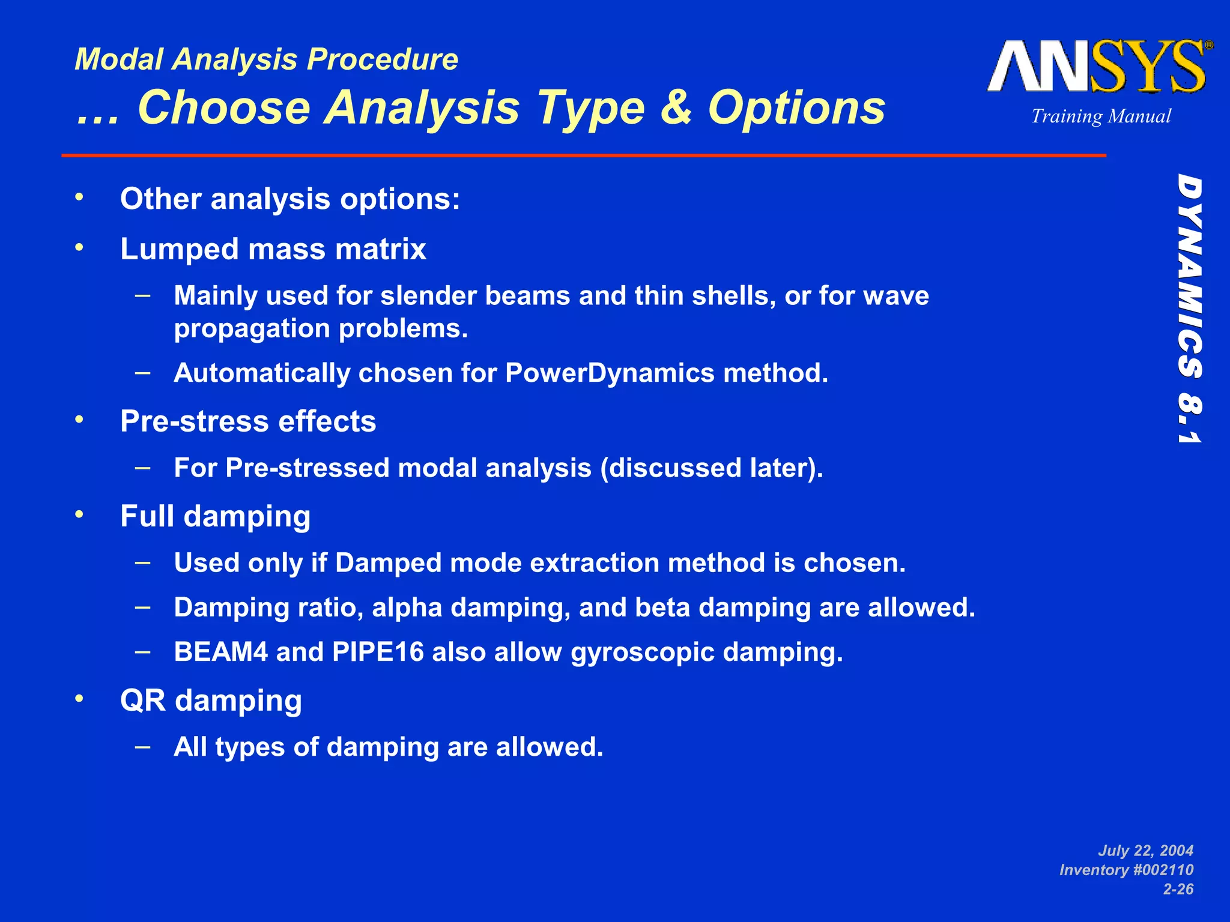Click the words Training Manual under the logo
click(1101, 116)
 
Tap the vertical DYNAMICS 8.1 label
click(1189, 309)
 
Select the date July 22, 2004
click(1145, 851)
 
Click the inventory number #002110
click(1153, 870)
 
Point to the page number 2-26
click(1178, 889)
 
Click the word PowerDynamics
click(610, 373)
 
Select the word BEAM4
click(220, 652)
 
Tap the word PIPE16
click(378, 652)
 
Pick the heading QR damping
click(211, 701)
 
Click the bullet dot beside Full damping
click(79, 514)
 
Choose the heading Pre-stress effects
click(248, 421)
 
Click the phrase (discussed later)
click(712, 468)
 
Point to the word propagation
click(252, 329)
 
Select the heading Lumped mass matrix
click(273, 249)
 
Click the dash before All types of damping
click(142, 746)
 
